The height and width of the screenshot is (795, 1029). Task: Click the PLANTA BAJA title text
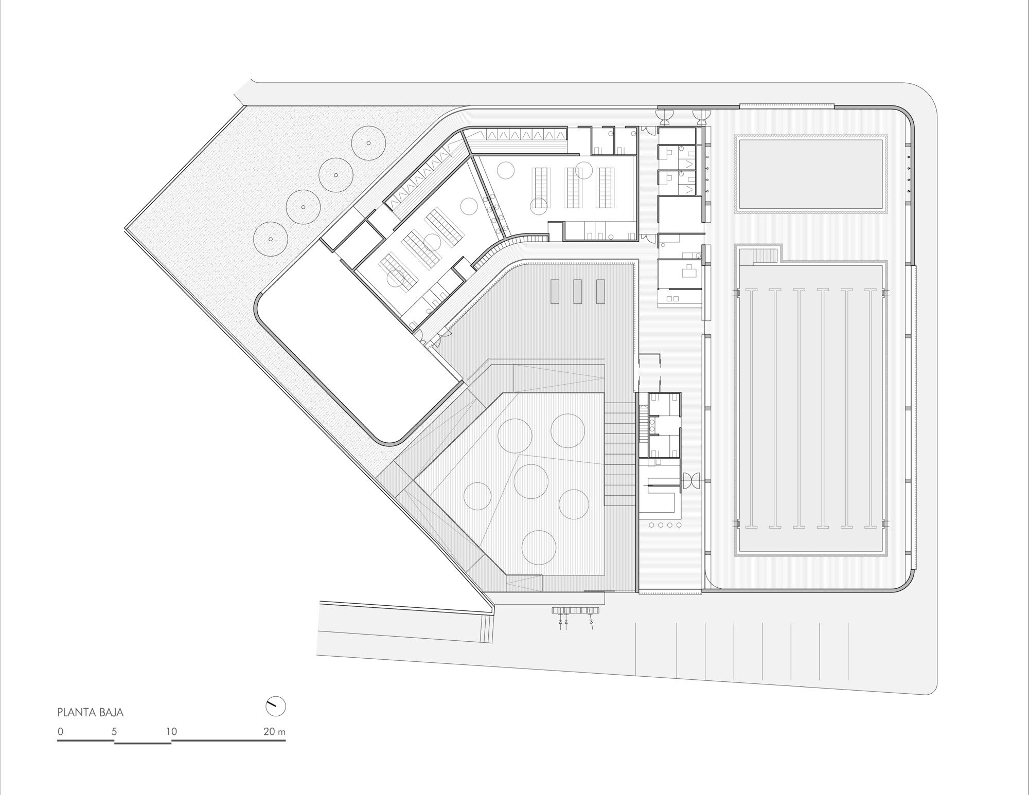(x=90, y=713)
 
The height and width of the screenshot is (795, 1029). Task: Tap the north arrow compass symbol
(x=275, y=706)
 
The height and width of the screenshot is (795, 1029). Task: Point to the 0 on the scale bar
(x=60, y=731)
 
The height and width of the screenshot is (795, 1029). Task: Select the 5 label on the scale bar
(x=114, y=731)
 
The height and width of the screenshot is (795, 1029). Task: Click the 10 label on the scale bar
(x=171, y=731)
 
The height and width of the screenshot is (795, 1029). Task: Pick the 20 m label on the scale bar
(x=274, y=731)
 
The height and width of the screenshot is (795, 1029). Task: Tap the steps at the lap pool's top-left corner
(x=766, y=256)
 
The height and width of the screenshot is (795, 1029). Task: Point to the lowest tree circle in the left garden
(x=270, y=239)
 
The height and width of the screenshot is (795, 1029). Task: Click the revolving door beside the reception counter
(x=689, y=480)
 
